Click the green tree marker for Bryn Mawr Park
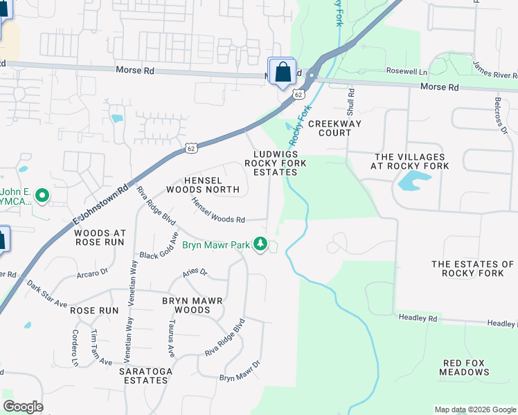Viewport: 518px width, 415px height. [260, 244]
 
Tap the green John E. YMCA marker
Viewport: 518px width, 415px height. [42, 196]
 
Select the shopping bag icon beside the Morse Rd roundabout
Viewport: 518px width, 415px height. [282, 72]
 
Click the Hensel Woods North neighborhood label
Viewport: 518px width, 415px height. [202, 183]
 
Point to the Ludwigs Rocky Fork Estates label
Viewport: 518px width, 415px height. [271, 163]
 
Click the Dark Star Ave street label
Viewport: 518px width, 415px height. [47, 294]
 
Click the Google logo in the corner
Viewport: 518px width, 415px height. [23, 407]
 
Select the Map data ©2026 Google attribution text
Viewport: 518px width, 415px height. [474, 409]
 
